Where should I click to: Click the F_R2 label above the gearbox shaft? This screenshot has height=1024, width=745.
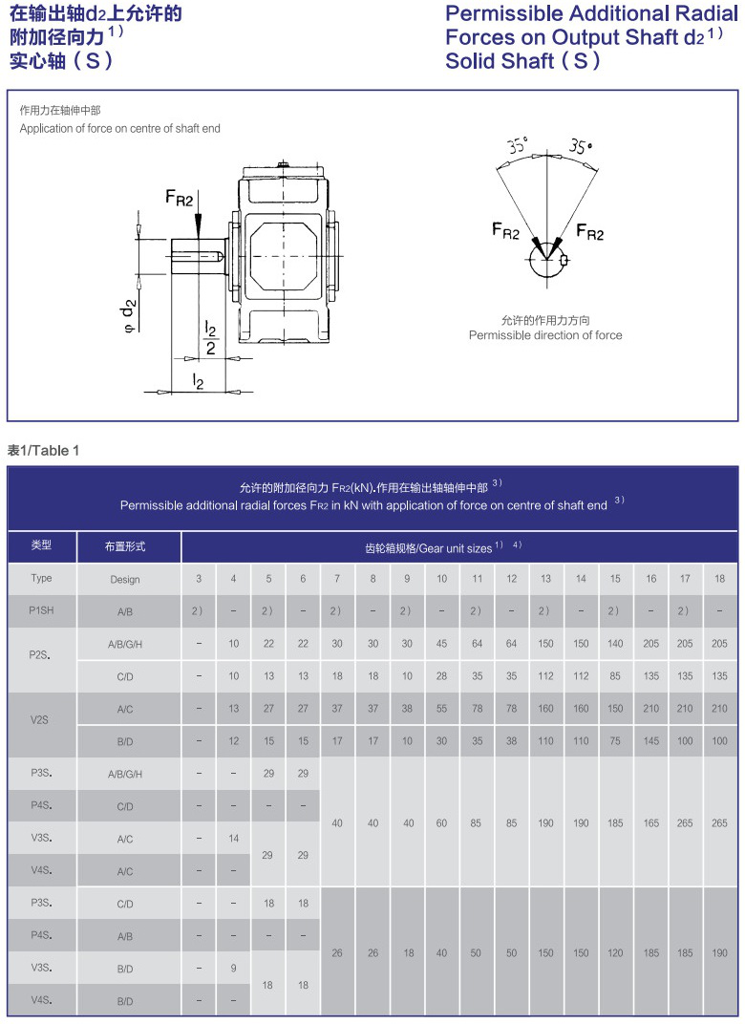(x=180, y=198)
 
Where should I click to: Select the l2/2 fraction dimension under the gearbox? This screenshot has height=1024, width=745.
(x=211, y=338)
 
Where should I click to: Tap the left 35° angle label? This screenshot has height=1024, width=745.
(x=518, y=147)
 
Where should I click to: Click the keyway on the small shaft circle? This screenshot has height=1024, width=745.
(x=565, y=260)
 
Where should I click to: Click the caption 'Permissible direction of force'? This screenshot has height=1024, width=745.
(x=544, y=335)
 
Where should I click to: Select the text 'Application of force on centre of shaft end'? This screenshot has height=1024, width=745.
(x=120, y=129)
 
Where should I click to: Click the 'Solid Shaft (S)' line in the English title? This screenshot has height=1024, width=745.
(x=523, y=61)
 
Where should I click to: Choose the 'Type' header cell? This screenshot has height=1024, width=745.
(x=41, y=579)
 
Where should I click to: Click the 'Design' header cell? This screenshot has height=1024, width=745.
(x=125, y=579)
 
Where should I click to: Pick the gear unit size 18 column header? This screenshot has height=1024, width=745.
(x=719, y=579)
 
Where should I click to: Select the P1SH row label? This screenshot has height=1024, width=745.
(x=41, y=611)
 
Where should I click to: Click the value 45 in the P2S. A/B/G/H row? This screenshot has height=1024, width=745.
(x=441, y=644)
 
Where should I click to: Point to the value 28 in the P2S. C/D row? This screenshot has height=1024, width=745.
(x=441, y=676)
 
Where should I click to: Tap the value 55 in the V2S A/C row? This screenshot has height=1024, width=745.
(x=441, y=709)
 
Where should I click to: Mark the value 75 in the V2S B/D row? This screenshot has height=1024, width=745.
(x=615, y=741)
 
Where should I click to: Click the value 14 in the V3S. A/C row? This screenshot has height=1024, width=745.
(x=233, y=839)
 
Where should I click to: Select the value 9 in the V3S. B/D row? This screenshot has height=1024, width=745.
(x=233, y=969)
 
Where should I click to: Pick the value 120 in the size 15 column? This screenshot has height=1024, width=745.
(x=615, y=952)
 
